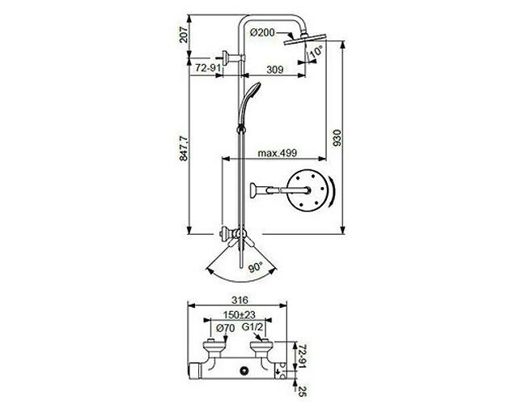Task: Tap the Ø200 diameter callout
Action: (x=262, y=32)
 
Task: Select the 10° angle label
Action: (x=316, y=51)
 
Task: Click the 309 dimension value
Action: (x=275, y=70)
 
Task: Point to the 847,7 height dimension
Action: (x=184, y=149)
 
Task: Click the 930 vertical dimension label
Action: (x=337, y=138)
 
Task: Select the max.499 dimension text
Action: (x=277, y=153)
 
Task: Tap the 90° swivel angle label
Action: (x=255, y=267)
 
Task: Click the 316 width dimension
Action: (x=240, y=300)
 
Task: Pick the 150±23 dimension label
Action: (x=240, y=315)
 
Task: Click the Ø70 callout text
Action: (x=226, y=328)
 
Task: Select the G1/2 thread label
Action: (x=252, y=327)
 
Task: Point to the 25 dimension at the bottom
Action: (x=303, y=391)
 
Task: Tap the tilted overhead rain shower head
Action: (x=305, y=39)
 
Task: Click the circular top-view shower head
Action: (x=307, y=190)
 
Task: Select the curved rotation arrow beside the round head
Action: (x=332, y=191)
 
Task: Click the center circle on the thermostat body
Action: (x=244, y=371)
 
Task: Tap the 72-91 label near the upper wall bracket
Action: (x=208, y=68)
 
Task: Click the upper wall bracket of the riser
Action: (x=231, y=58)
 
